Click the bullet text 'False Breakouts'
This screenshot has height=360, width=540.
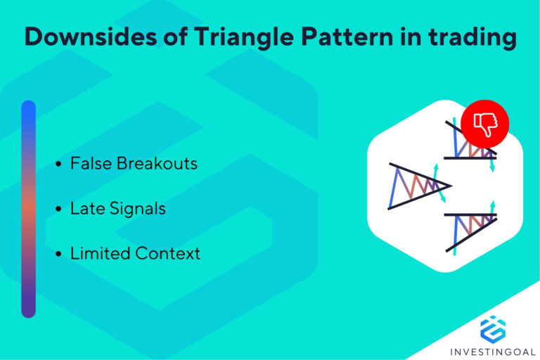click(134, 164)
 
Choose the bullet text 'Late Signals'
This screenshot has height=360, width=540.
click(117, 208)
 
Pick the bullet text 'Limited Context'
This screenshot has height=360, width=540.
click(135, 253)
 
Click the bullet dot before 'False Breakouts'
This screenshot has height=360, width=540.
click(58, 165)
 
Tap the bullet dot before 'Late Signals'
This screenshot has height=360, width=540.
click(58, 210)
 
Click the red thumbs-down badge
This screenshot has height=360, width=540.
click(484, 124)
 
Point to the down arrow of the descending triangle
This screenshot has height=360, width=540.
click(491, 164)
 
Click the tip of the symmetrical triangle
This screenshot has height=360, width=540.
click(449, 186)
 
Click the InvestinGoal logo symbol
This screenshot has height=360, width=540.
click(493, 329)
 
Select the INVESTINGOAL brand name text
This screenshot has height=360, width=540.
click(493, 350)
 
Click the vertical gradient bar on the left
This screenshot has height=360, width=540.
click(28, 209)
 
